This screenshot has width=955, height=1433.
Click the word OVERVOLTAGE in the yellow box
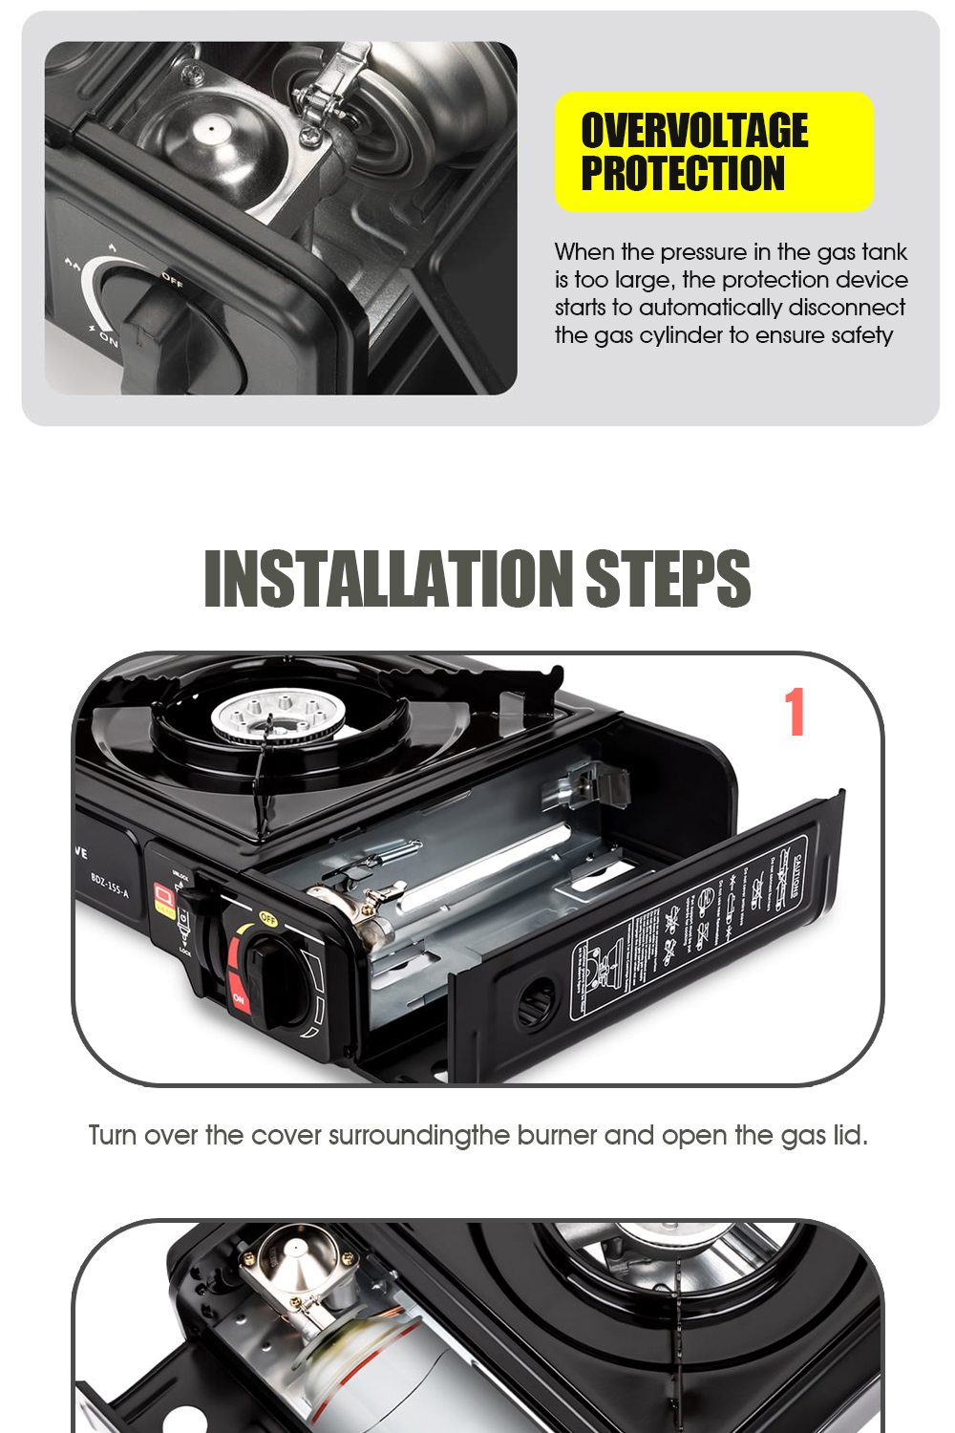tap(694, 130)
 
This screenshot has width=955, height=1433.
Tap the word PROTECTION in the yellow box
tap(682, 174)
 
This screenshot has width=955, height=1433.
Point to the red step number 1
tap(795, 712)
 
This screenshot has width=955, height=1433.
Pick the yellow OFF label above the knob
tap(267, 920)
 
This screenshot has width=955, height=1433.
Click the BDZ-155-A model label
tap(109, 885)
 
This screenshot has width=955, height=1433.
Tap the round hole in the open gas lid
tap(534, 1002)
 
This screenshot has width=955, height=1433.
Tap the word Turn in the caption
tap(112, 1135)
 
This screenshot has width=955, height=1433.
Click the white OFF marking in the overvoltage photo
tap(173, 279)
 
